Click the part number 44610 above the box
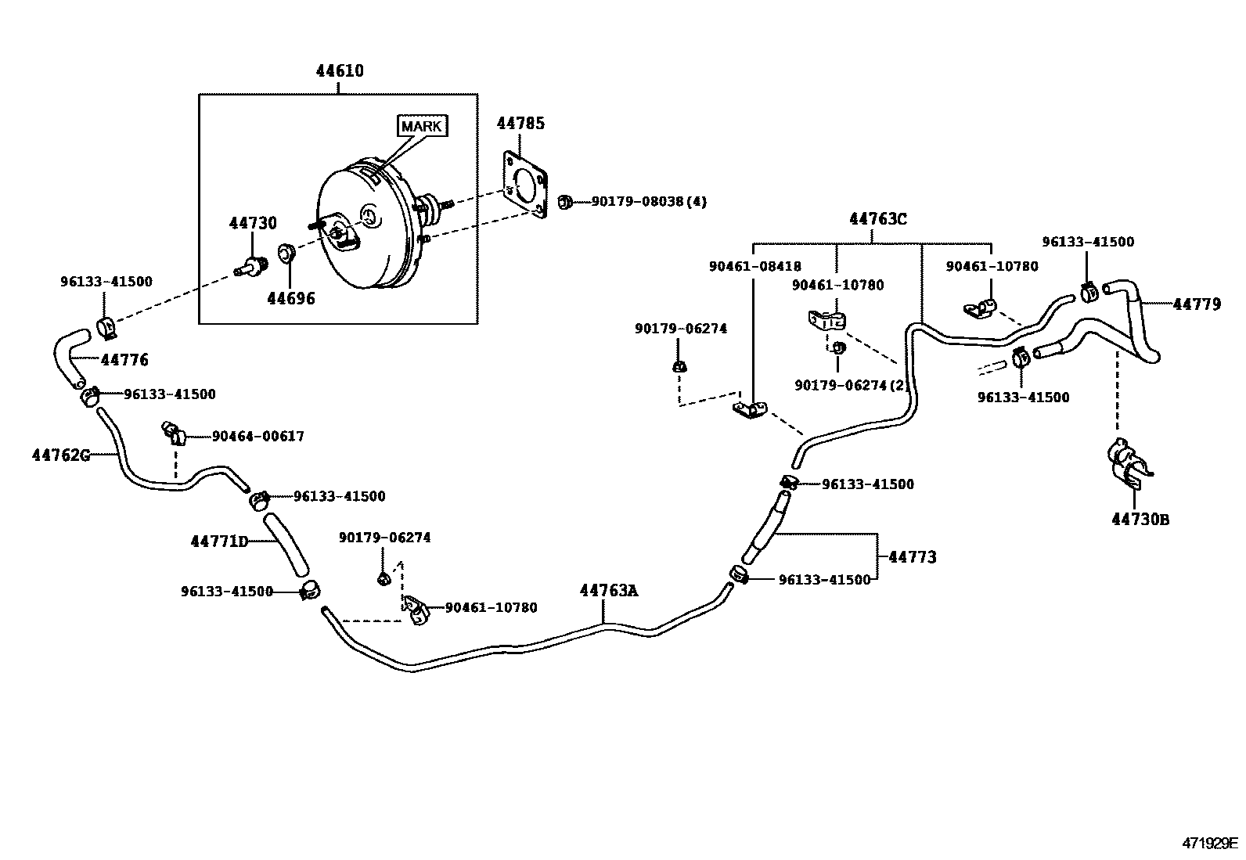coord(340,71)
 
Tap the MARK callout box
coord(423,126)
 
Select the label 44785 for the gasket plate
coord(520,124)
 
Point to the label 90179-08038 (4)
coord(649,202)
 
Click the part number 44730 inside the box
coord(253,224)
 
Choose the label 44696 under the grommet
coord(290,298)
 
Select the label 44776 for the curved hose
coord(124,360)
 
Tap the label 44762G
coord(61,455)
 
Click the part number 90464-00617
coord(257,437)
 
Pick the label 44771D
coord(219,542)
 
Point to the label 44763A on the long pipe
coord(608,591)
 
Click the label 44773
coord(912,557)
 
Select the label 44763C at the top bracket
coord(877,219)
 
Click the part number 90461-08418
coord(754,267)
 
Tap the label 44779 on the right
coord(1196,304)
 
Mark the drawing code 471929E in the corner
coord(1209,843)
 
